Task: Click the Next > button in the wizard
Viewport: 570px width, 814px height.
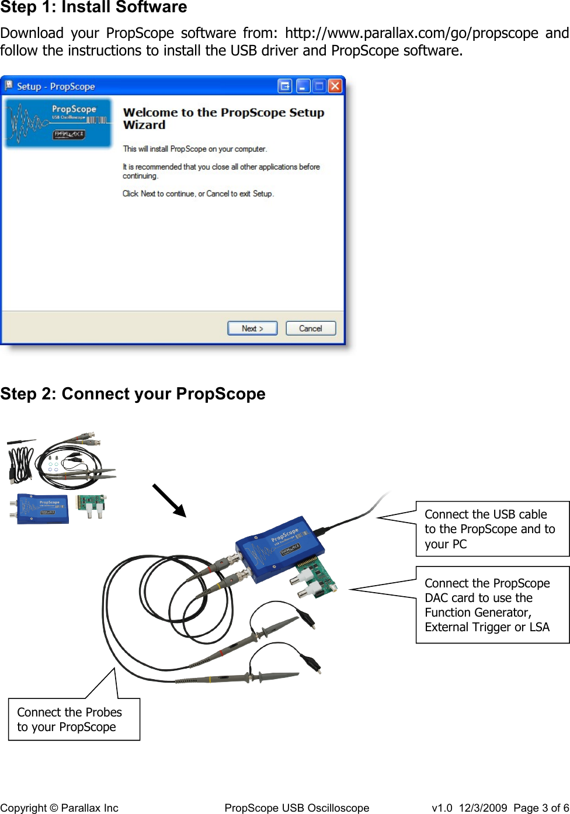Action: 252,328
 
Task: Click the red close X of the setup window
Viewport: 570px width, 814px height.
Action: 335,86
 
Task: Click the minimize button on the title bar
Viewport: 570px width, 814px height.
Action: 303,86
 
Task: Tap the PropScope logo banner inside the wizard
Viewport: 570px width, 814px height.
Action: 58,123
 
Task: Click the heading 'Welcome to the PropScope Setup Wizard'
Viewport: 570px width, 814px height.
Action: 223,119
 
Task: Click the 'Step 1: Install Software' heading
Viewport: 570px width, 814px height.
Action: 93,8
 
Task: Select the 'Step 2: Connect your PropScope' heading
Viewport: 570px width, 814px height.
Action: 133,394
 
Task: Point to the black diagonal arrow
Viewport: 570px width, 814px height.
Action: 169,500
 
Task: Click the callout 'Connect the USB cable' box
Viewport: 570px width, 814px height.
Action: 492,528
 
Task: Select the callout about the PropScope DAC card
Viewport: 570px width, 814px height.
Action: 492,604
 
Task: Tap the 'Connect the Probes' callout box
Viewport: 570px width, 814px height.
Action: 74,719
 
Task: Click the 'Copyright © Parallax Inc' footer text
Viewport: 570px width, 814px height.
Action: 59,808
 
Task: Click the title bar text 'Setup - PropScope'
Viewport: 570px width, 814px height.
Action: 55,86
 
